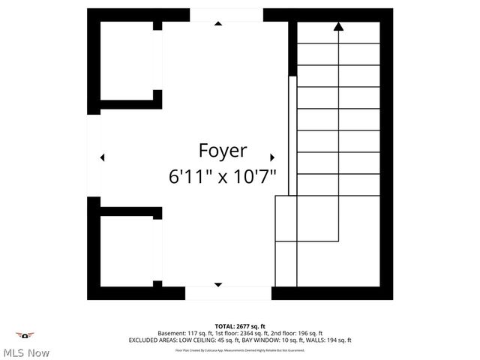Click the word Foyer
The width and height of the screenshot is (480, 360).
point(223,150)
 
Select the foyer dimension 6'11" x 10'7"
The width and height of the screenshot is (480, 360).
point(223,177)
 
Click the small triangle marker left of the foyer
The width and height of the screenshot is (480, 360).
point(103,157)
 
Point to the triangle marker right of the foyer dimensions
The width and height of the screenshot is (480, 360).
point(272,157)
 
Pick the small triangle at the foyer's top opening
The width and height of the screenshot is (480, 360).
point(218,23)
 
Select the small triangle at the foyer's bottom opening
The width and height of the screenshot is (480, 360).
point(218,284)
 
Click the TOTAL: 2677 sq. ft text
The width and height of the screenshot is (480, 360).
point(240,326)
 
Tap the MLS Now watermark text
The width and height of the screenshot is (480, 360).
point(26,352)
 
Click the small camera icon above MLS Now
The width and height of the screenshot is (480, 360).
point(25,335)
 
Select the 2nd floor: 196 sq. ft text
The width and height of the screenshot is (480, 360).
point(295,333)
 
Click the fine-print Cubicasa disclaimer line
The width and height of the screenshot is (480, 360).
point(240,349)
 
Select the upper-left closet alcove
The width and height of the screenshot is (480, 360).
point(127,63)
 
